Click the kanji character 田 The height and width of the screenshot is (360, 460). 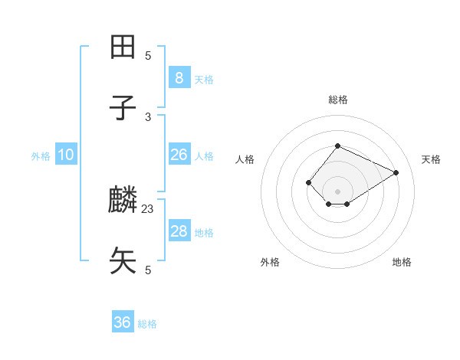pos(123,47)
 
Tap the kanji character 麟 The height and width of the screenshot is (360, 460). pos(123,201)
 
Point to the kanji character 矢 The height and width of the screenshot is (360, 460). pos(123,260)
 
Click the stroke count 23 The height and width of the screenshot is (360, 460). pos(148,208)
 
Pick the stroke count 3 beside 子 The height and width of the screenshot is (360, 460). pos(148,116)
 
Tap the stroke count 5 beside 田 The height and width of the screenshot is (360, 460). pos(148,55)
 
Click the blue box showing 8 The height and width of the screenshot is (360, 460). pos(179,77)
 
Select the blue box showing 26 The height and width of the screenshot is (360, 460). pos(179,155)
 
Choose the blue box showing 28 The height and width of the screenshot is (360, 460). pos(179,231)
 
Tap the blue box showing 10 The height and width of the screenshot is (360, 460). pos(66,155)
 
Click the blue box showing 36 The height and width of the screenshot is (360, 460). pos(123,322)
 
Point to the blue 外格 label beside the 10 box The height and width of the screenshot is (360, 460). pos(41,156)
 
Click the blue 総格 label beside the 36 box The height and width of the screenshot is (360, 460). pos(147,324)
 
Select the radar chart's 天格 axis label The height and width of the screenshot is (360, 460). pos(432,159)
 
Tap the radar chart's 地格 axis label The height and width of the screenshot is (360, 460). pos(402,262)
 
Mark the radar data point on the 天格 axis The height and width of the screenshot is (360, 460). pos(396,172)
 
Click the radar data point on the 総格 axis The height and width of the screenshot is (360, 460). pos(337,146)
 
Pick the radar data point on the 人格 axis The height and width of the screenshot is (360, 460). pos(308,182)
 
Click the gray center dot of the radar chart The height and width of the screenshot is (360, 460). pos(337,191)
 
